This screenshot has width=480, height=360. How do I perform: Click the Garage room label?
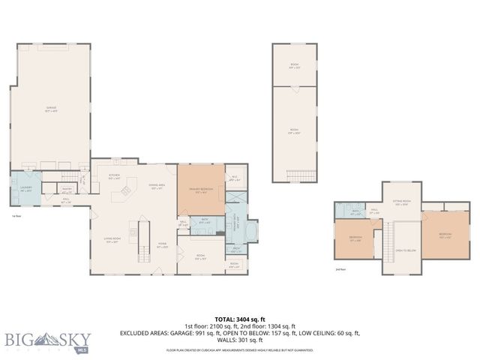click(x=52, y=109)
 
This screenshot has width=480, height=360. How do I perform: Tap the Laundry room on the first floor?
click(x=25, y=190)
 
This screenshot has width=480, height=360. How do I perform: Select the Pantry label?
click(x=67, y=189)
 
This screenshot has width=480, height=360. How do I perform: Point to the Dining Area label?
click(x=157, y=186)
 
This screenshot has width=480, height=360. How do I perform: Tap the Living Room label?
click(x=112, y=241)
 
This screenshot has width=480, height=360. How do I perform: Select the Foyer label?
click(x=161, y=245)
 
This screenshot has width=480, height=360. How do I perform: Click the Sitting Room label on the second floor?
click(x=402, y=202)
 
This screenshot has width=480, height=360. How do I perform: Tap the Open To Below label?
click(x=405, y=251)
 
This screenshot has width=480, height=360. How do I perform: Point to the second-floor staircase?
click(x=388, y=244)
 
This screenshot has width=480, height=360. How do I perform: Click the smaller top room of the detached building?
click(x=295, y=65)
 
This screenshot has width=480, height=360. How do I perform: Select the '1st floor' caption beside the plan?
click(x=16, y=216)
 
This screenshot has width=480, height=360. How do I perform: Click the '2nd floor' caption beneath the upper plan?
click(x=340, y=268)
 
